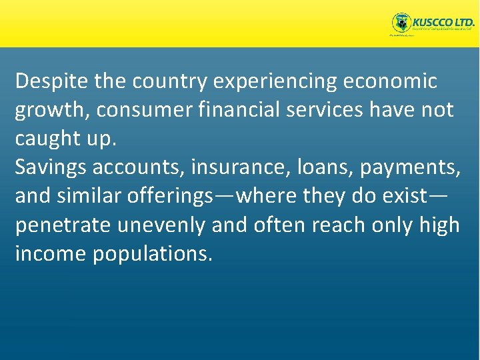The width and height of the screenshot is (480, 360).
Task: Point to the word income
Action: tap(50, 253)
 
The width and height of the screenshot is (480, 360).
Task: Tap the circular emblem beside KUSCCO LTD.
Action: tap(401, 23)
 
